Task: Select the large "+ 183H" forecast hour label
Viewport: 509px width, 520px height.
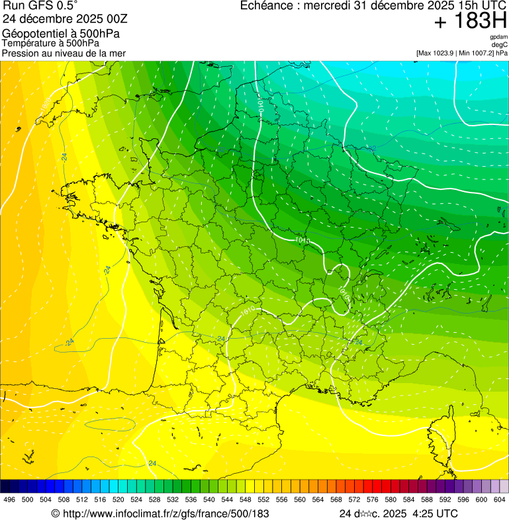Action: point(470,22)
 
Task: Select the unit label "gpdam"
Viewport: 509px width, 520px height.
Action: point(498,38)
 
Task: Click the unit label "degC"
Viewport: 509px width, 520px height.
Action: point(500,45)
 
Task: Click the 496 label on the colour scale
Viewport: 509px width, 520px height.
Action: point(9,499)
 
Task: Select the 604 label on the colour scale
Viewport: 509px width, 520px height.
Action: point(500,499)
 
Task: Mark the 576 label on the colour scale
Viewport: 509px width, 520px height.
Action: point(373,499)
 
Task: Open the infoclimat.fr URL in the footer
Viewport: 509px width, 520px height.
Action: point(165,513)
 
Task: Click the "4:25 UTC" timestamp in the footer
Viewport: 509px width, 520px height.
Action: point(435,513)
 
